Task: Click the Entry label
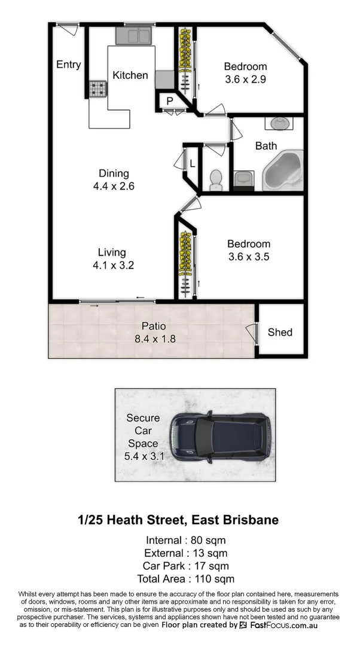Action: pyautogui.click(x=68, y=65)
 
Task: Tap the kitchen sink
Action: pyautogui.click(x=135, y=36)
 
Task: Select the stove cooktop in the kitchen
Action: pyautogui.click(x=97, y=89)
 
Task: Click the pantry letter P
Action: pyautogui.click(x=170, y=101)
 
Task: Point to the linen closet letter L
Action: pyautogui.click(x=192, y=163)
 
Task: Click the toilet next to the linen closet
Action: pyautogui.click(x=216, y=178)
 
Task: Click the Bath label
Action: pyautogui.click(x=266, y=145)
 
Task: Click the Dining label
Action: pyautogui.click(x=114, y=173)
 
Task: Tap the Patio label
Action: pyautogui.click(x=153, y=327)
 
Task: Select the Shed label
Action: pyautogui.click(x=280, y=333)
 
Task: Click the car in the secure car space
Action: pyautogui.click(x=219, y=435)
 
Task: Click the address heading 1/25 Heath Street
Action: pyautogui.click(x=178, y=520)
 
